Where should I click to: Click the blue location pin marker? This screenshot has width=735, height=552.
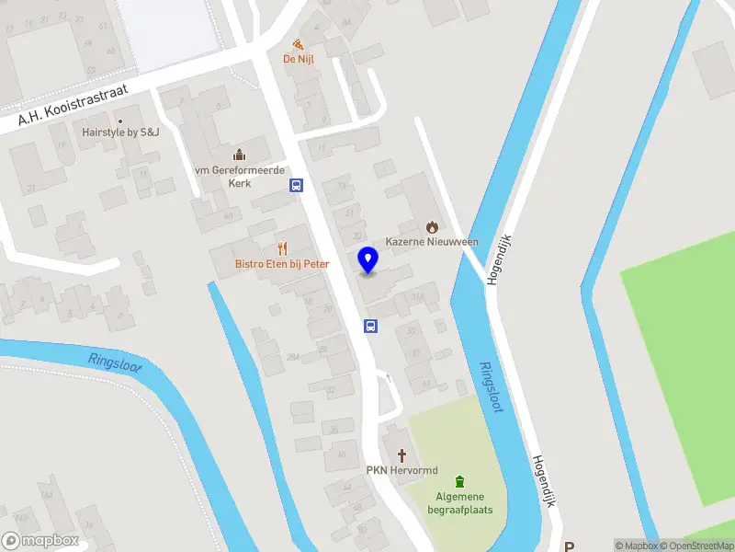367,259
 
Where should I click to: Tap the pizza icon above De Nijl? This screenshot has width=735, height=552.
298,43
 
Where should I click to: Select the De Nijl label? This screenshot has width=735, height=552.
298,60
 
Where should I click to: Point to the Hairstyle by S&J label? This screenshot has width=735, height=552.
120,132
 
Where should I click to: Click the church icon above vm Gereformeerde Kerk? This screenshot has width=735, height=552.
239,154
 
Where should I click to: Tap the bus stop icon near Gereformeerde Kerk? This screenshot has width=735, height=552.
297,185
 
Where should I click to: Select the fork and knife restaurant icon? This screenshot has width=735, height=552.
282,247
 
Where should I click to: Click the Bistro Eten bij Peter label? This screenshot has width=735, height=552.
281,264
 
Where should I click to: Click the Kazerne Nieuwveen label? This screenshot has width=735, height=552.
431,241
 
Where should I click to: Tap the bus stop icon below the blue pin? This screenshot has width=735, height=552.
371,326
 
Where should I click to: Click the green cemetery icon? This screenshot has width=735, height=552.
459,480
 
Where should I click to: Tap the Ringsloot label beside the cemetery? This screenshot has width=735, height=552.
492,386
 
